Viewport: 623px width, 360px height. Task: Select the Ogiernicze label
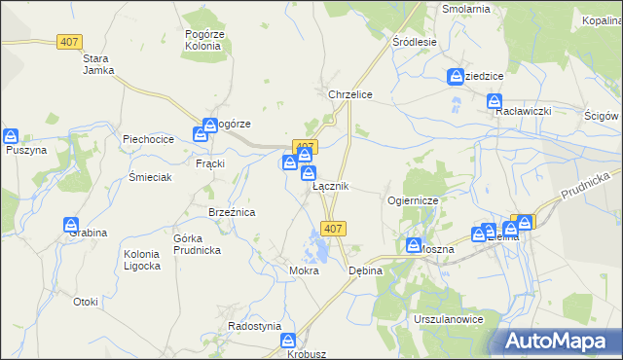[415, 199]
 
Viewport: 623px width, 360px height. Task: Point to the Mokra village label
[304, 270]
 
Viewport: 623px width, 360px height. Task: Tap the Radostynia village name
[255, 326]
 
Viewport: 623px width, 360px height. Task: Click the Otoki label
[86, 302]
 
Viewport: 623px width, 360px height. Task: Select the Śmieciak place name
[151, 177]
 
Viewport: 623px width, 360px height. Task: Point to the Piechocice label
[148, 139]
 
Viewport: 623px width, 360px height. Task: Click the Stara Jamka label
[99, 63]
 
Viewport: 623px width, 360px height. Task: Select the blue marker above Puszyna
[12, 136]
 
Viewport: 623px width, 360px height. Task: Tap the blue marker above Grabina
[72, 226]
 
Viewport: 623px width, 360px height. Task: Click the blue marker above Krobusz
[288, 341]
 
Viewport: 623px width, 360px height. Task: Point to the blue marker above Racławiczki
[495, 101]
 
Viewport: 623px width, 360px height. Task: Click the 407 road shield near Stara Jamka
[69, 43]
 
